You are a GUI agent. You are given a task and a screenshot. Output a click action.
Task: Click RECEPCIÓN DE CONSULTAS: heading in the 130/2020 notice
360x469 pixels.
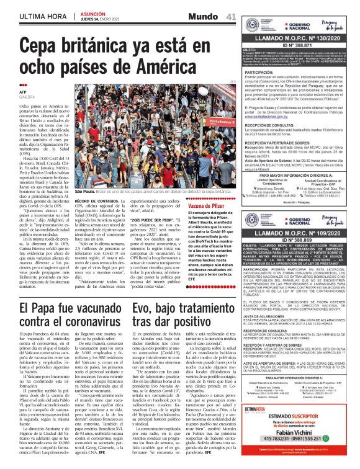click(x=274, y=125)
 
